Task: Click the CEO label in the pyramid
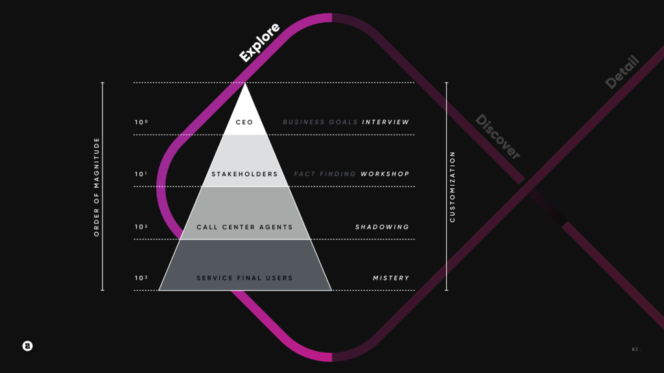244,122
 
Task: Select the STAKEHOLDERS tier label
244,174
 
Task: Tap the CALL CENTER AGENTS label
244,227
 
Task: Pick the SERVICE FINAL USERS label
244,278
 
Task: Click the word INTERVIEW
386,122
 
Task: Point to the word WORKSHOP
385,174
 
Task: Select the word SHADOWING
383,227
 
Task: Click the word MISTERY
391,278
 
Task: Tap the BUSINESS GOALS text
320,122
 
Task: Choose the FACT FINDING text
325,174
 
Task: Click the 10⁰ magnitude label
141,122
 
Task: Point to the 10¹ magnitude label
141,174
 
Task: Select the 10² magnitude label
141,227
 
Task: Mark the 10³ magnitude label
141,278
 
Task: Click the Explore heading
259,43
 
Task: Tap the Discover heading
497,137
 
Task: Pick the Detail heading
622,72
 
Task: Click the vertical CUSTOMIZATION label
453,186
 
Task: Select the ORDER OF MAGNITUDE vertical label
97,186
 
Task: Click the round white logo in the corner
27,346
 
